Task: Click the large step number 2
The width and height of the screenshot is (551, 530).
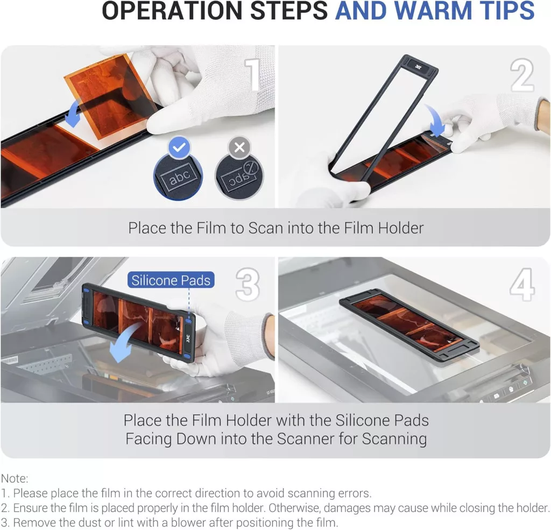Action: coord(522,75)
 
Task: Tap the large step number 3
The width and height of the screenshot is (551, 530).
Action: coord(248,284)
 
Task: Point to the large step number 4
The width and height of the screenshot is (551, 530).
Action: coord(522,284)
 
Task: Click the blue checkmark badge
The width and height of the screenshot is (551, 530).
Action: coord(179,147)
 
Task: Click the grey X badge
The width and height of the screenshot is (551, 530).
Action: coord(239,147)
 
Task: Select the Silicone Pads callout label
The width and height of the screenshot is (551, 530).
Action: coord(171,280)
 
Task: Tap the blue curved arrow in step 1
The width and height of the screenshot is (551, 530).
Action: coord(72,112)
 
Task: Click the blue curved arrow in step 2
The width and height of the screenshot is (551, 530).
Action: coord(436,119)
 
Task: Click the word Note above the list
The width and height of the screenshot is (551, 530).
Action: coord(13,478)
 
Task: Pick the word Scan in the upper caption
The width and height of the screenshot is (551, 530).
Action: coord(266,228)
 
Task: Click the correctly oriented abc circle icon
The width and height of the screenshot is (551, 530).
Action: coord(179,176)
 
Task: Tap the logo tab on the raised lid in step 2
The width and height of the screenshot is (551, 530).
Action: coord(418,66)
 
